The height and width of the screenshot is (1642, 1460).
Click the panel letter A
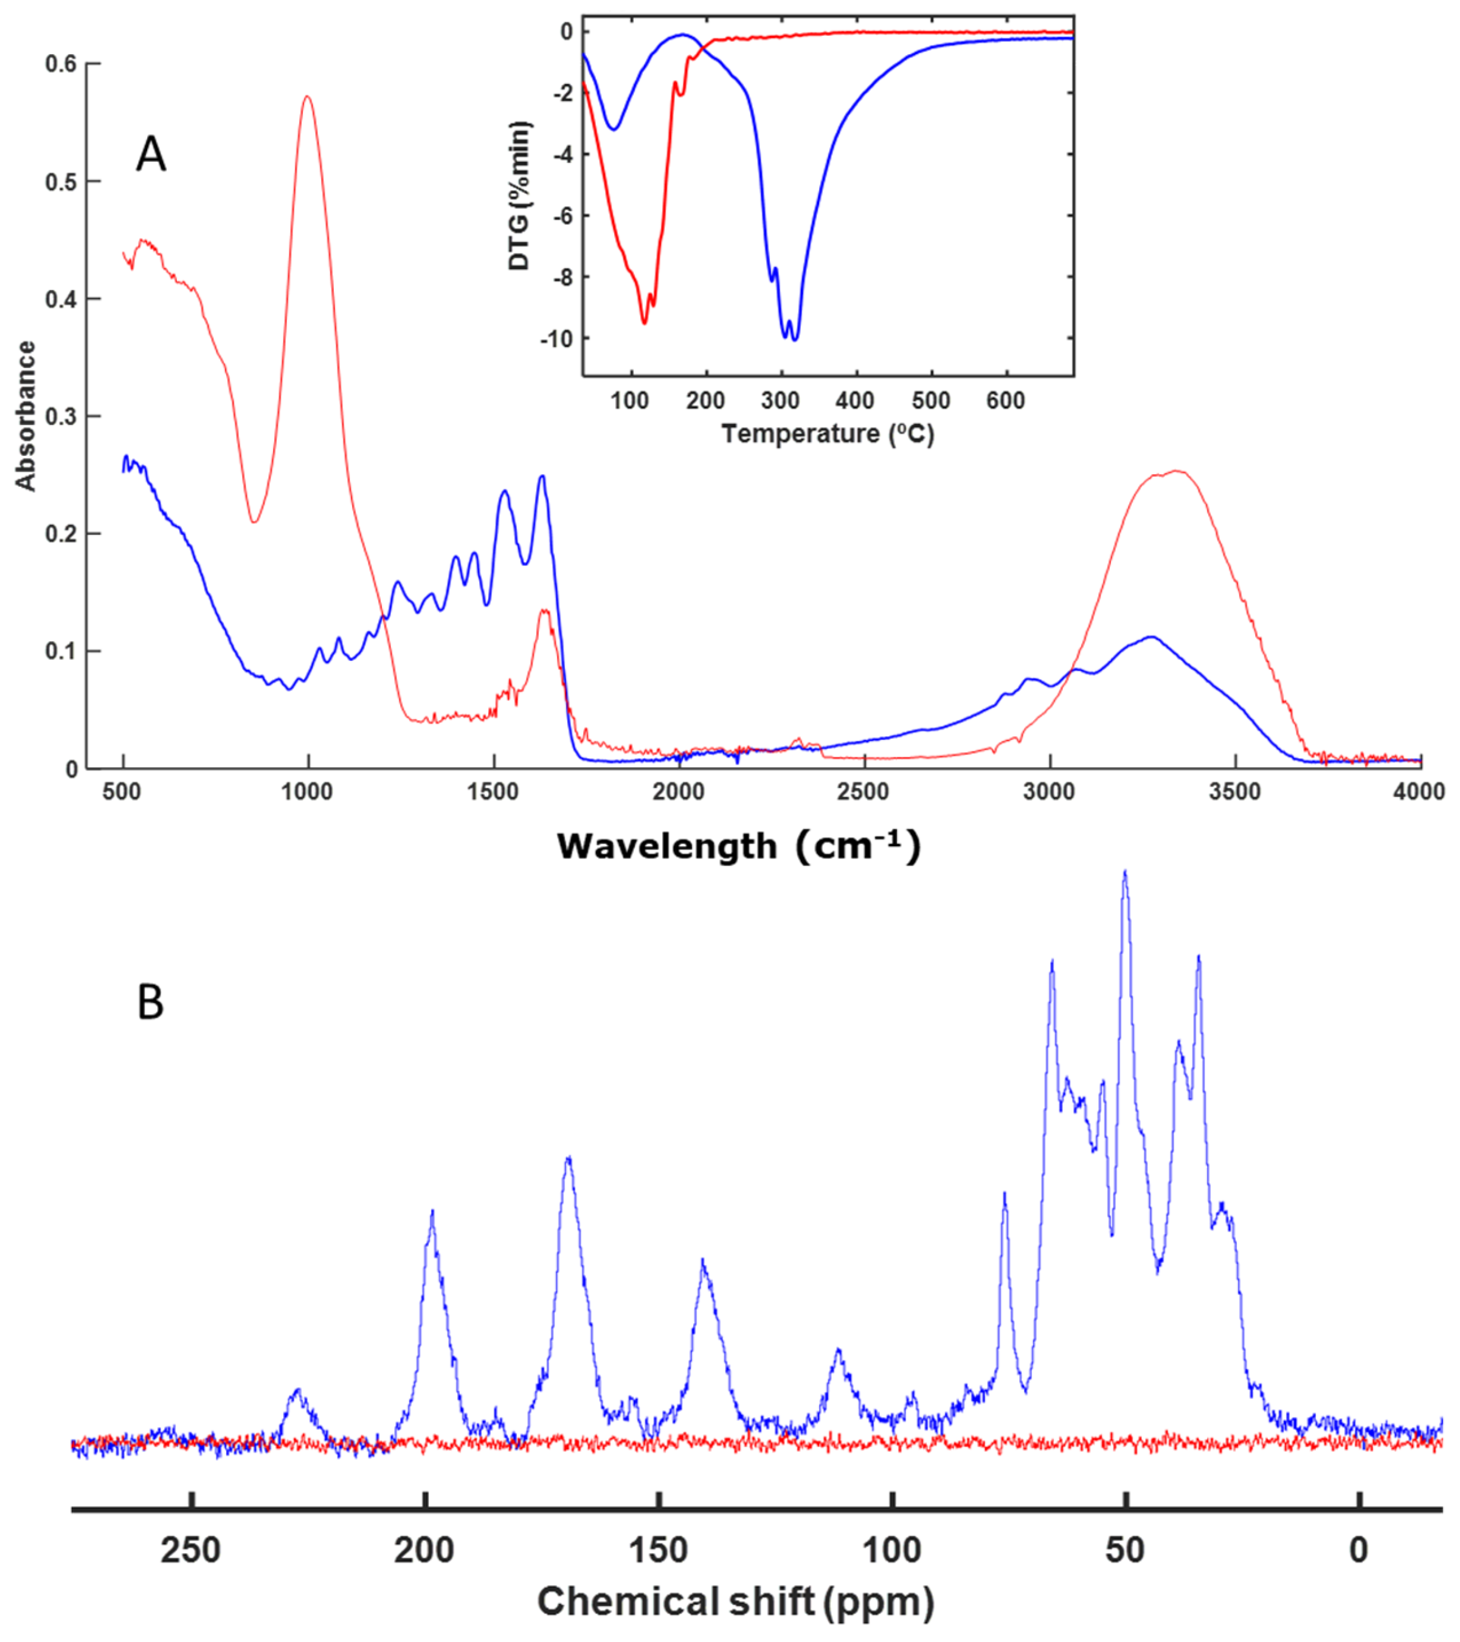click(151, 155)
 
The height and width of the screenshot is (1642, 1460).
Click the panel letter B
click(150, 1002)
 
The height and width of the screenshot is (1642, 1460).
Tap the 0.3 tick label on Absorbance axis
click(61, 416)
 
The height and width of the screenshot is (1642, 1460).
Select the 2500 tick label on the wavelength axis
click(864, 792)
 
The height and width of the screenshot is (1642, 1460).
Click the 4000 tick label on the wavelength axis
click(1419, 792)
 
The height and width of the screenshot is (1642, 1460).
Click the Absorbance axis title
click(26, 416)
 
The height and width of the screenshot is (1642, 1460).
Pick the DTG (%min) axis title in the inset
click(520, 196)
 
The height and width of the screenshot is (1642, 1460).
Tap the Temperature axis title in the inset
click(828, 434)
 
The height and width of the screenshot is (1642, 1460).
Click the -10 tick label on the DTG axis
click(556, 339)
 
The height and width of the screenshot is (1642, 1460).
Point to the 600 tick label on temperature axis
click(1005, 400)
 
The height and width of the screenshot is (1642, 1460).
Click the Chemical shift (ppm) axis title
click(735, 1601)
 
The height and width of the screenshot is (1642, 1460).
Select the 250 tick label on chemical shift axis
click(191, 1550)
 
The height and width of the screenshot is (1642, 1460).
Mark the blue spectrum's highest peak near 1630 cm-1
click(542, 477)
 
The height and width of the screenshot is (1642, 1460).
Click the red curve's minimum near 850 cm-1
click(254, 522)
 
